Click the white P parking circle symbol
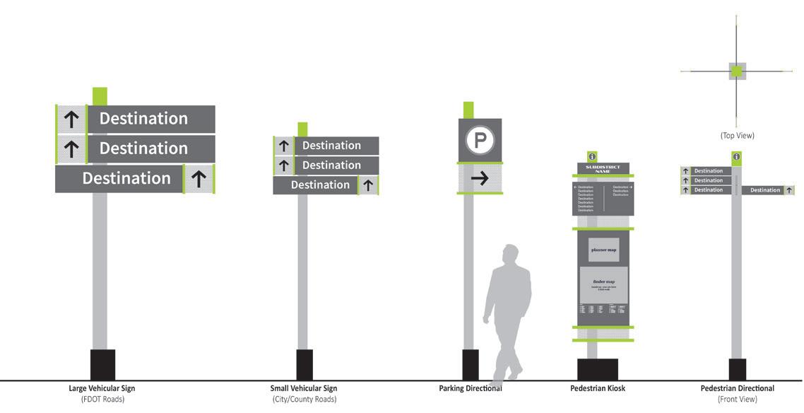pyautogui.click(x=480, y=140)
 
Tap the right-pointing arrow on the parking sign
pyautogui.click(x=480, y=178)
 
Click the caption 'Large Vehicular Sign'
pyautogui.click(x=102, y=388)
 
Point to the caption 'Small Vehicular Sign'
pyautogui.click(x=304, y=388)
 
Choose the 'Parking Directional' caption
pyautogui.click(x=471, y=388)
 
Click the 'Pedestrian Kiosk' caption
pyautogui.click(x=598, y=388)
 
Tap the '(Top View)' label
pyautogui.click(x=737, y=135)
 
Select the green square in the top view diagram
pyautogui.click(x=737, y=71)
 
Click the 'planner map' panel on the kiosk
pyautogui.click(x=603, y=250)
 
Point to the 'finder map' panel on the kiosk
pyautogui.click(x=603, y=284)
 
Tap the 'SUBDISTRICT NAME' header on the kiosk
pyautogui.click(x=603, y=169)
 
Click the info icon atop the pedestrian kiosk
pyautogui.click(x=592, y=156)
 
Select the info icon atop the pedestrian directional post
pyautogui.click(x=737, y=157)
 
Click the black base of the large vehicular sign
pyautogui.click(x=102, y=364)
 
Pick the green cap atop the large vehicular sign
pyautogui.click(x=100, y=96)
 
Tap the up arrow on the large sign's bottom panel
pyautogui.click(x=199, y=180)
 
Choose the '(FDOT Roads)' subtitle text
pyautogui.click(x=102, y=400)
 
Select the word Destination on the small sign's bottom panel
pyautogui.click(x=320, y=185)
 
